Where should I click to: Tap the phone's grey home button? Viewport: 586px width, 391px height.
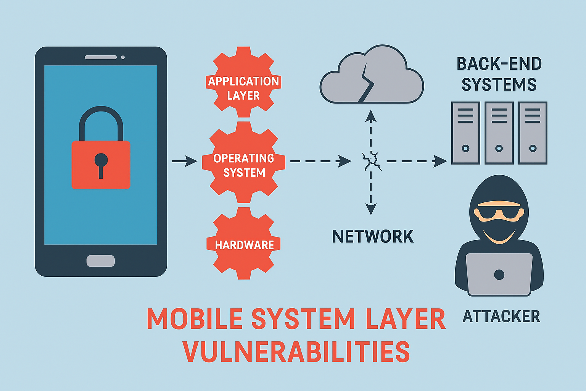[101, 261]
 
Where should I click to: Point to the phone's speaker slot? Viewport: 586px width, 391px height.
[101, 57]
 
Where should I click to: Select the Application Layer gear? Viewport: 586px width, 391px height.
[243, 82]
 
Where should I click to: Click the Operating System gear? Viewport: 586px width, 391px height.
[243, 162]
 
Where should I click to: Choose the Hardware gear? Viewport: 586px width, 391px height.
[243, 244]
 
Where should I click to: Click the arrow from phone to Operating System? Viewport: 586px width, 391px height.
[185, 161]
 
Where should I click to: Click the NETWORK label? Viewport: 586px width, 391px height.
[373, 237]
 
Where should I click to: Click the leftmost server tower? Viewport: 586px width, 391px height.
[465, 133]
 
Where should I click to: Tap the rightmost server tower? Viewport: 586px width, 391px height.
[533, 133]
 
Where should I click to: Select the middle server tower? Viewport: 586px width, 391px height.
[499, 133]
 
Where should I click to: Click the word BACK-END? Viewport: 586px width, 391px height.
[499, 64]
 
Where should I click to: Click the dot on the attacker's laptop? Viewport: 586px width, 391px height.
[499, 274]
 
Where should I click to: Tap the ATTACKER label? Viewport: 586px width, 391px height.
[501, 317]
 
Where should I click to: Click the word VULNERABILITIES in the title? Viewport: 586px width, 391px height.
[296, 352]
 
